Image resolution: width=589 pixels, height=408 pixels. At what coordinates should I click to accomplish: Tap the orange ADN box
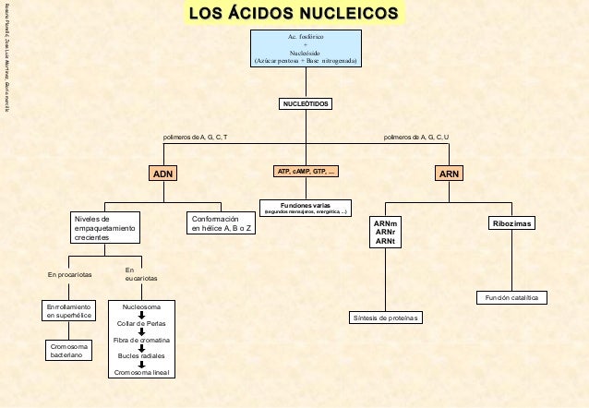[x=162, y=173]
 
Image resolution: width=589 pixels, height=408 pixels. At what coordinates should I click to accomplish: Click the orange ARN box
[x=450, y=173]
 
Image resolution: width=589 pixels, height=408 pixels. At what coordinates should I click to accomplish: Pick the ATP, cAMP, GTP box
[x=307, y=172]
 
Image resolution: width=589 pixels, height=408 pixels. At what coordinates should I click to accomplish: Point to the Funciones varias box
[x=307, y=207]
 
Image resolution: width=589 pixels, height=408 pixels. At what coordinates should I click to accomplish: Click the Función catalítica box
[x=511, y=297]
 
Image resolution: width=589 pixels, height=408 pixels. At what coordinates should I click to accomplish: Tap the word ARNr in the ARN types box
[x=385, y=233]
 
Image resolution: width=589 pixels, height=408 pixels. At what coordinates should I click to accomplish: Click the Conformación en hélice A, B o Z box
[x=221, y=223]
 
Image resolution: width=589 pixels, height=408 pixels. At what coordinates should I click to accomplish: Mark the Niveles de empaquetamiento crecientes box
[x=104, y=228]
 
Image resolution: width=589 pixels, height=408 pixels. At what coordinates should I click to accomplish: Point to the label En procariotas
[x=69, y=275]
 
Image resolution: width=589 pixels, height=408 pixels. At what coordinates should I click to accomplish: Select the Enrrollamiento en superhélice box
[x=69, y=311]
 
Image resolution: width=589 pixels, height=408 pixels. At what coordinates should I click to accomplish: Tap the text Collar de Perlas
[x=141, y=324]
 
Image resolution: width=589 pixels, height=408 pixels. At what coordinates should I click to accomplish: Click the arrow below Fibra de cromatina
[x=141, y=348]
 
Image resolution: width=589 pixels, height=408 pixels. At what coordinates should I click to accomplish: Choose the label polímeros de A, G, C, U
[x=417, y=137]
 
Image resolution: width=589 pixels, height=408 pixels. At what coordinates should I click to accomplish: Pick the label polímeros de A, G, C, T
[x=195, y=137]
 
